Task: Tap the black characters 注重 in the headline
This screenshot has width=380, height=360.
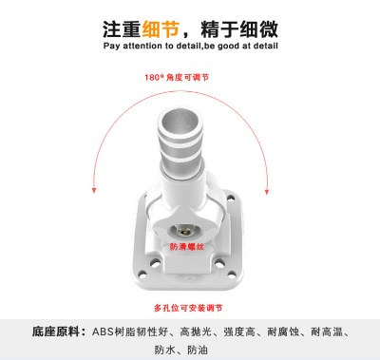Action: (122, 27)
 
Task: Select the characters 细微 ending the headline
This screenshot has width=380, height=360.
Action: (256, 27)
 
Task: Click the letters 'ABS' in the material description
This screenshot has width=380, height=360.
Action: (104, 332)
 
